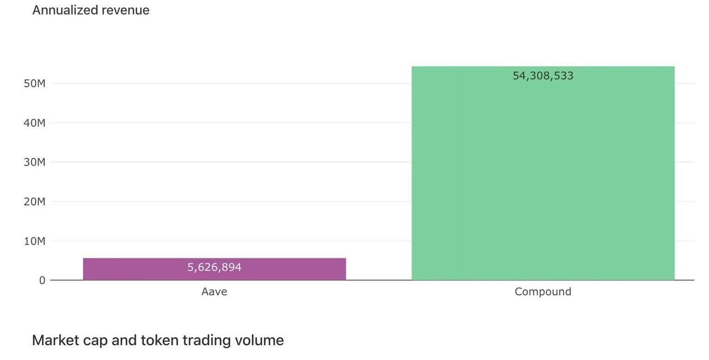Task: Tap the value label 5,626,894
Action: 214,267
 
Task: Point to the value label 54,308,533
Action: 543,76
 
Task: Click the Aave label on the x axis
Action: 214,292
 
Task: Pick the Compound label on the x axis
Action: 543,292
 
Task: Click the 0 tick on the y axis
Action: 42,280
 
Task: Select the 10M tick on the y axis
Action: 35,241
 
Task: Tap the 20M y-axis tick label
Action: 35,202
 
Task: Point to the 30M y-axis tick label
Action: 35,162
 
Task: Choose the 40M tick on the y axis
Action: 35,123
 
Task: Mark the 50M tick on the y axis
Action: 35,84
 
